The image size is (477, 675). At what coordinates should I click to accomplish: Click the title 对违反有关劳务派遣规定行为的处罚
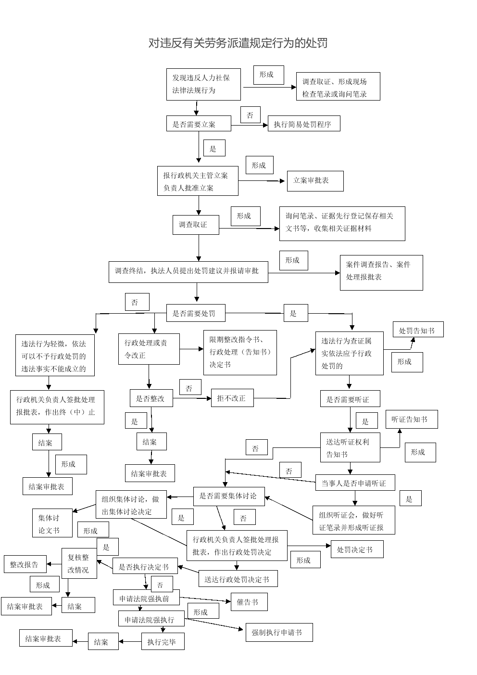tap(238, 43)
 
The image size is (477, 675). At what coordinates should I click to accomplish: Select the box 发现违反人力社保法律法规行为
tap(203, 84)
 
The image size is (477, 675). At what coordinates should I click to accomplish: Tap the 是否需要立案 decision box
tap(199, 124)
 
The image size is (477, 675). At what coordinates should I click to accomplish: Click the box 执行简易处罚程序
tap(304, 124)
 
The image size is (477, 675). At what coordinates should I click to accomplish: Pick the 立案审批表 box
tap(315, 181)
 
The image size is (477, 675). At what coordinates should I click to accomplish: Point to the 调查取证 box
tap(196, 225)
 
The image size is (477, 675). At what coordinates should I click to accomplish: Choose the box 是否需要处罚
tap(196, 313)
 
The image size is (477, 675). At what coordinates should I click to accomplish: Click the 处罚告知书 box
tap(418, 330)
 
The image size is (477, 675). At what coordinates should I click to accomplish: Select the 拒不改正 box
tap(232, 398)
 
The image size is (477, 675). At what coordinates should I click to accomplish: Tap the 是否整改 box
tap(151, 398)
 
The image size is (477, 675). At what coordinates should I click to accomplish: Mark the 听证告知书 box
tap(412, 420)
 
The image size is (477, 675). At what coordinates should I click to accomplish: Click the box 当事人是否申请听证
tap(355, 483)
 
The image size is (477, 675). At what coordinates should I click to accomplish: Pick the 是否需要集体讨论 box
tap(229, 497)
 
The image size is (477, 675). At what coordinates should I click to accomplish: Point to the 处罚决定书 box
tap(357, 549)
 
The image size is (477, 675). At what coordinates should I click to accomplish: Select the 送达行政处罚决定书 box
tap(238, 579)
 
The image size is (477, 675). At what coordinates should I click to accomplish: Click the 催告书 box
tap(249, 602)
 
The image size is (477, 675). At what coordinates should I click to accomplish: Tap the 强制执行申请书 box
tap(279, 633)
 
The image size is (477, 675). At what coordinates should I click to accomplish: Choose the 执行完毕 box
tap(163, 641)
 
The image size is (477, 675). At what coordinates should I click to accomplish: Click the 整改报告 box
tap(25, 564)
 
